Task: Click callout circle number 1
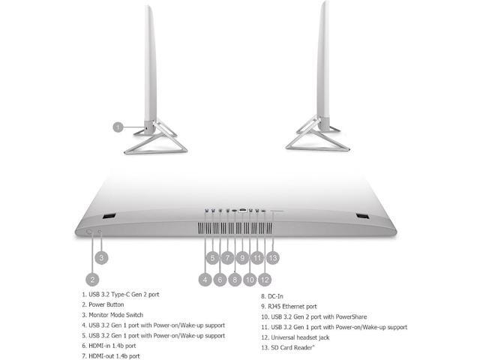[x=118, y=127]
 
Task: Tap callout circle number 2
[x=92, y=279]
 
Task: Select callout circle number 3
[x=103, y=256]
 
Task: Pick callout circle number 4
[x=205, y=279]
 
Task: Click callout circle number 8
[x=235, y=279]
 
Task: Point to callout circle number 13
[x=272, y=257]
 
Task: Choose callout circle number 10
[x=250, y=279]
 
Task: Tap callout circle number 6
[x=220, y=279]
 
